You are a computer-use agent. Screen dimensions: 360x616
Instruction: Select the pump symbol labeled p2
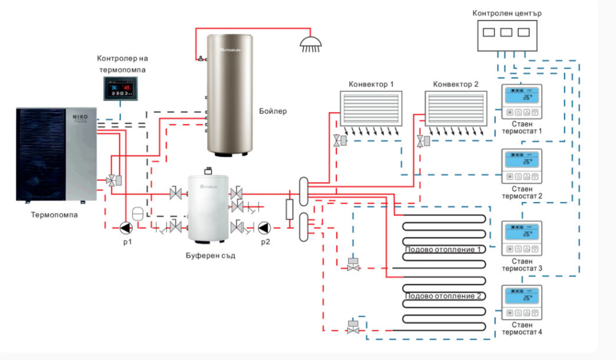point(265,227)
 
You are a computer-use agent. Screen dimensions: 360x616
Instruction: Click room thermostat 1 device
point(521,101)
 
